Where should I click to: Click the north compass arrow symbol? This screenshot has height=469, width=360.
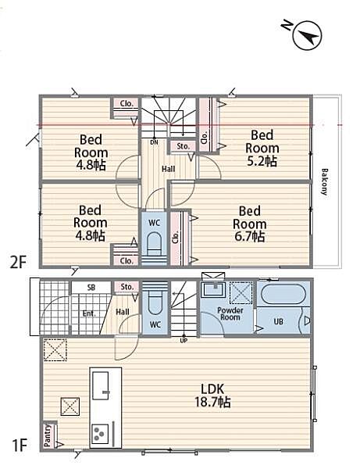[x=308, y=36]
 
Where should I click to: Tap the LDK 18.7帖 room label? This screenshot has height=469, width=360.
[x=212, y=396]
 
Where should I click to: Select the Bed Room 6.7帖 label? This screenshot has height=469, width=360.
[x=249, y=224]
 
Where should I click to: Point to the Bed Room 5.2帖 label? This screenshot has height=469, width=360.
[x=262, y=148]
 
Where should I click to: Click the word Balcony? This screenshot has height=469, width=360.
[x=324, y=182]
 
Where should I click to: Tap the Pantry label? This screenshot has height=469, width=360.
[x=48, y=436]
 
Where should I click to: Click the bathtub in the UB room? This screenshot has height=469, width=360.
[x=283, y=294]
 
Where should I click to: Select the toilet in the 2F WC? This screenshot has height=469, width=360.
[x=154, y=242]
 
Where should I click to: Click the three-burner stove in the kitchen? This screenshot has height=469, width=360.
[x=100, y=434]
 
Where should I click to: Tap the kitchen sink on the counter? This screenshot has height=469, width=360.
[x=101, y=385]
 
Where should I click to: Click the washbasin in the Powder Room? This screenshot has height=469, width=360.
[x=213, y=289]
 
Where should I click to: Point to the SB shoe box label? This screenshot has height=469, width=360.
[x=91, y=288]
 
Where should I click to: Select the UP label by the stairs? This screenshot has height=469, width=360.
[x=184, y=340]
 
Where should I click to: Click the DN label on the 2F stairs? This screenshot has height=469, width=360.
[x=154, y=142]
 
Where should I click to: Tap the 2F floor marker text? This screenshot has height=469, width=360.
[x=19, y=263]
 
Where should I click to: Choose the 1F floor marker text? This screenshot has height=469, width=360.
[x=20, y=445]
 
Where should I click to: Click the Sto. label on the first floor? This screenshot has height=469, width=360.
[x=127, y=287]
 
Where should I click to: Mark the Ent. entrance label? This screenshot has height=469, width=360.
[x=89, y=313]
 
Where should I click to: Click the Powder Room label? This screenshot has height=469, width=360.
[x=230, y=313]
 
